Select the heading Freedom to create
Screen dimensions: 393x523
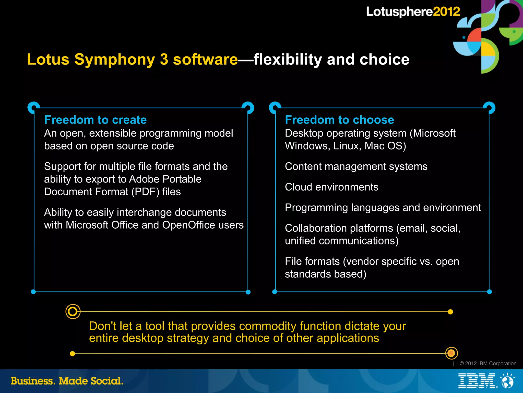click(x=96, y=120)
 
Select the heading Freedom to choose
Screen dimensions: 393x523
click(x=339, y=120)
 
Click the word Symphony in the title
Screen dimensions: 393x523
click(x=115, y=59)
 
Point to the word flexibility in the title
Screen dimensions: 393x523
click(x=288, y=59)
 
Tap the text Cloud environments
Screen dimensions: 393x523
click(x=331, y=187)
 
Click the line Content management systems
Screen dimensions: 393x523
click(x=356, y=166)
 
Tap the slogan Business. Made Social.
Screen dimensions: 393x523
click(x=67, y=381)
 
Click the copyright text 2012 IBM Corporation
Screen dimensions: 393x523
click(x=488, y=363)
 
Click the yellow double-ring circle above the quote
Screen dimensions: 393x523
click(x=73, y=311)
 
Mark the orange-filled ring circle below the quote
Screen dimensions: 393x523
click(x=451, y=353)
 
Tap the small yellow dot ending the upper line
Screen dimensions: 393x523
click(x=450, y=312)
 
